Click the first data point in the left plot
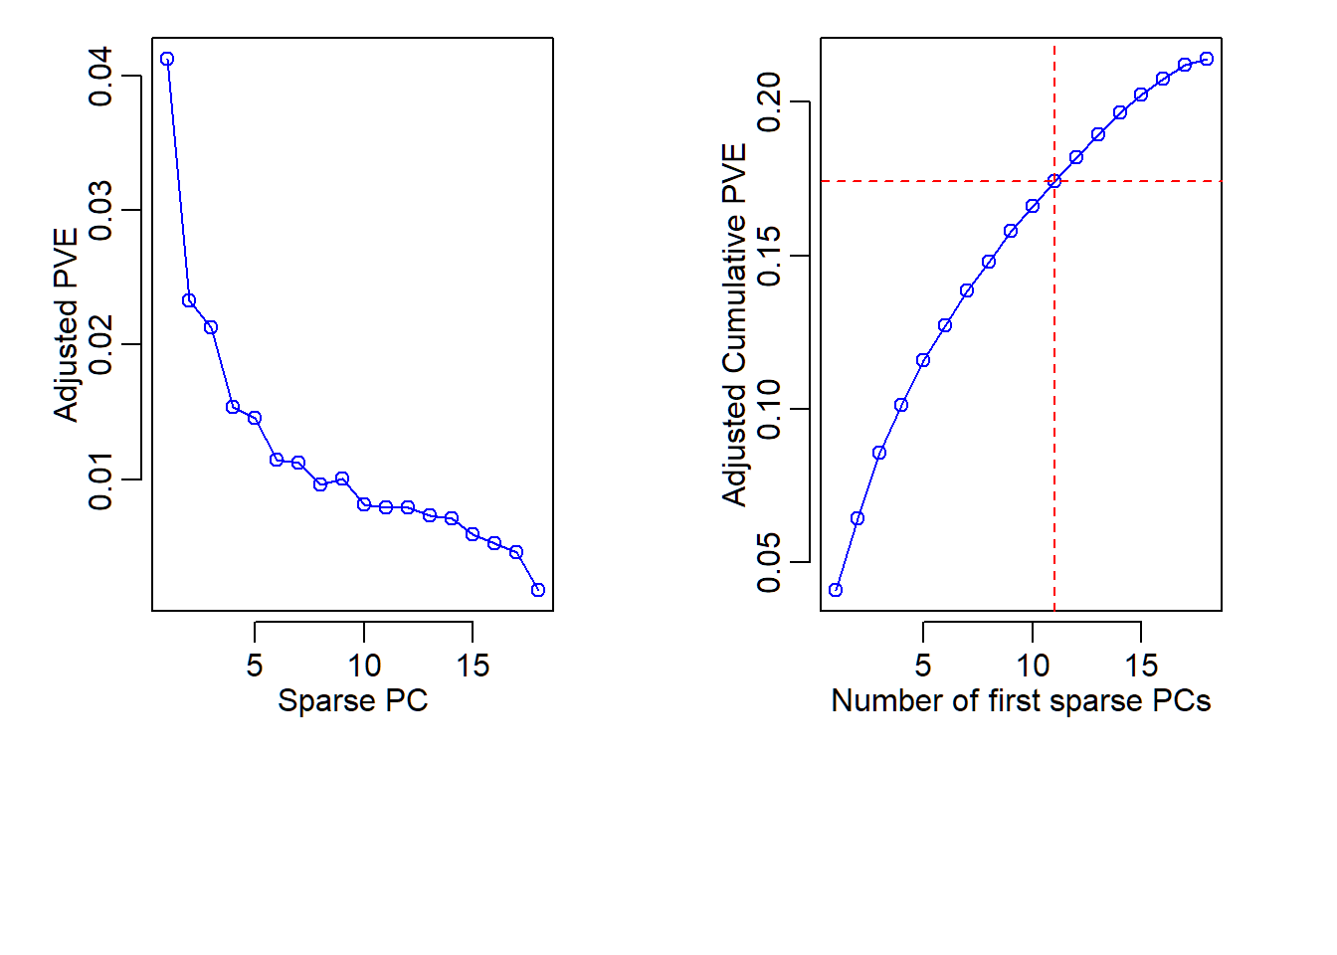(x=167, y=59)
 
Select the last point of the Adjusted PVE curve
(x=538, y=590)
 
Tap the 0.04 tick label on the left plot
(x=100, y=76)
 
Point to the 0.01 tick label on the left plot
(x=100, y=479)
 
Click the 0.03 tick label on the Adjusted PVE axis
(x=100, y=210)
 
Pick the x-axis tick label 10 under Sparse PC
(x=364, y=666)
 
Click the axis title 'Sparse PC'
(x=352, y=700)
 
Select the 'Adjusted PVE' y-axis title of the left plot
(x=66, y=325)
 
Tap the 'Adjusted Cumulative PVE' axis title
(x=734, y=325)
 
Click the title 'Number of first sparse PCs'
(x=1021, y=700)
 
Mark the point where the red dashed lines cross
(x=1054, y=181)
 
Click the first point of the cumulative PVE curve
(x=836, y=590)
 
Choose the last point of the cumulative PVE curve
(x=1207, y=59)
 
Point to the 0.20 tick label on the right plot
(x=769, y=102)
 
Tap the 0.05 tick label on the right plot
(x=769, y=562)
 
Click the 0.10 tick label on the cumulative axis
(x=769, y=409)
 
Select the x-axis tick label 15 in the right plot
(x=1141, y=666)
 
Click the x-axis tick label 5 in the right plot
(x=923, y=666)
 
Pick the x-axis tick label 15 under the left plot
(x=473, y=666)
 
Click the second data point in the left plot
(x=189, y=300)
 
